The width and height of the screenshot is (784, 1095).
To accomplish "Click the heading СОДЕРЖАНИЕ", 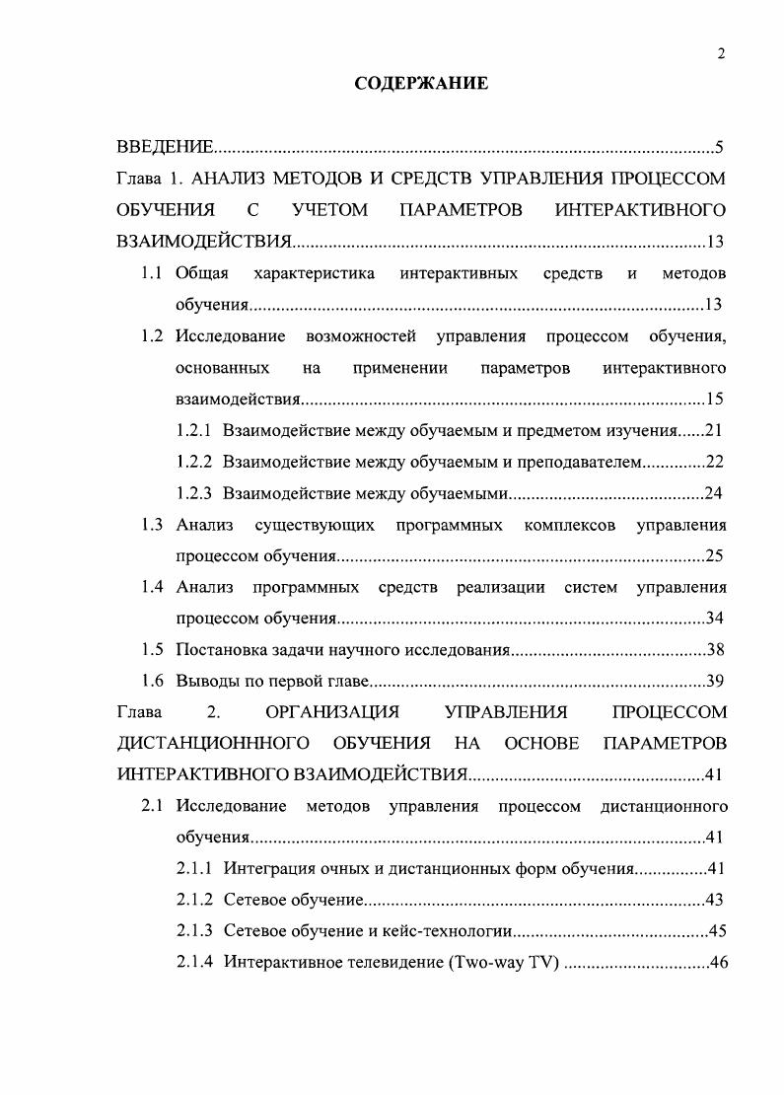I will (x=421, y=85).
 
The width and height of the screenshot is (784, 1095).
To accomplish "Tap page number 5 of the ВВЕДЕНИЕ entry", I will (x=721, y=148).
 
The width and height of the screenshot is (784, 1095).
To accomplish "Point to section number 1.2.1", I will (x=193, y=431).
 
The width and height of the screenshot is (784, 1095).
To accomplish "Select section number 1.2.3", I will (x=193, y=493).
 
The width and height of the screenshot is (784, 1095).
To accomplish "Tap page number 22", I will (x=716, y=462).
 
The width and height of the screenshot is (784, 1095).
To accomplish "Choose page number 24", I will (x=716, y=493).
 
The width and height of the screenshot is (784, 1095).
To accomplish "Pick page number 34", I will (x=716, y=619).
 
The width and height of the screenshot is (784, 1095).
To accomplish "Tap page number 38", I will (x=716, y=650).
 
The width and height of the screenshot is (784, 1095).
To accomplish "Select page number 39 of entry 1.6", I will (x=716, y=682).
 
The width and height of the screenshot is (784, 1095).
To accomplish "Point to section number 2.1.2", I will (x=193, y=900).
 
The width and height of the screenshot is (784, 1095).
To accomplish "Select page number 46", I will (x=716, y=963).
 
